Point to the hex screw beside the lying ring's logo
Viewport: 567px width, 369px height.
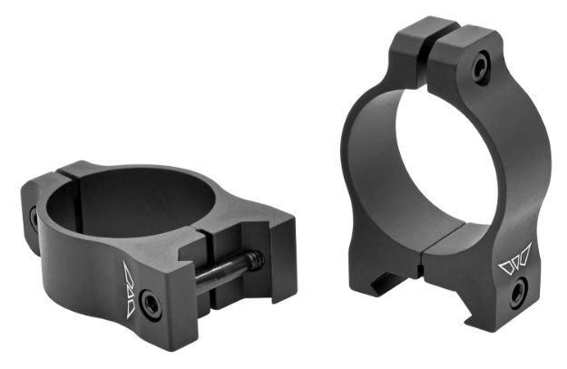[x=151, y=305]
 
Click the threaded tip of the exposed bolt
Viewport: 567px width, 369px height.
[x=259, y=259]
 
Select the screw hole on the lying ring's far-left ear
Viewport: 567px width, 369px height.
[x=34, y=218]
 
